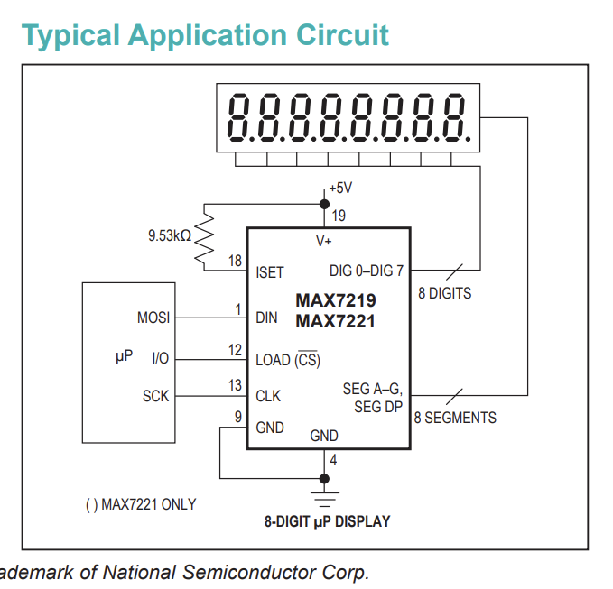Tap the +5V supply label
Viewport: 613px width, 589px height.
pos(340,188)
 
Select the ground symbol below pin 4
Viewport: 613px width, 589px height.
pos(325,500)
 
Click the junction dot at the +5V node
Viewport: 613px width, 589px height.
pos(324,204)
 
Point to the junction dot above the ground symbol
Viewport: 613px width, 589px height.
pos(324,478)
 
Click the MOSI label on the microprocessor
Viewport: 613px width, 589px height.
pos(153,318)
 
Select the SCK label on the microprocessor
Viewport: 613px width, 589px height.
pos(155,396)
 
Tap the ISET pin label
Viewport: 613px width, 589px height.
pos(269,272)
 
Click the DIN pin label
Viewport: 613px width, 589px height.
pos(266,318)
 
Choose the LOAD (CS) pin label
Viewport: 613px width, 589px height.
pos(288,359)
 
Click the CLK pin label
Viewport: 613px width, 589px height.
pos(268,396)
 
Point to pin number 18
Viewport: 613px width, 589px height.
pos(235,261)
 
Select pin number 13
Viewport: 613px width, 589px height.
pos(235,385)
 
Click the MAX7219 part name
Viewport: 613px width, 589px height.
pos(336,300)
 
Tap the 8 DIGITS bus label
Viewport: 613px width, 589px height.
pos(444,293)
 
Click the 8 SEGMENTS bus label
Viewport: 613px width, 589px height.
pos(455,418)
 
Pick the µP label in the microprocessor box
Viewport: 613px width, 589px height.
pos(124,356)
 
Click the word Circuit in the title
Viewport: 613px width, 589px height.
pos(342,35)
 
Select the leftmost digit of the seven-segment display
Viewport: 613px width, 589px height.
pos(239,117)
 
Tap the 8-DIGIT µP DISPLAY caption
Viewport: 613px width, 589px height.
pos(327,521)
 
